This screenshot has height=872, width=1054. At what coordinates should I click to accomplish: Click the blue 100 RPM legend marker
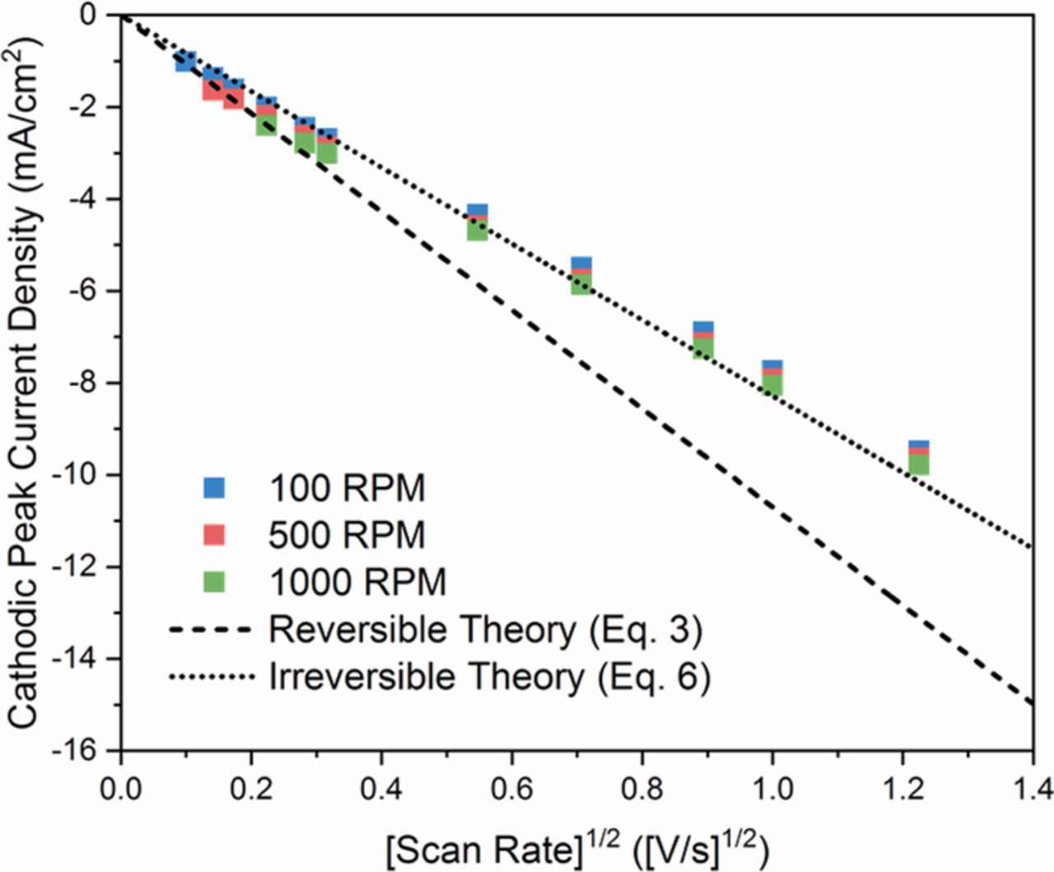click(x=214, y=488)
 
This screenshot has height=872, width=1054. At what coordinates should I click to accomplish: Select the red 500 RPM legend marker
click(x=214, y=535)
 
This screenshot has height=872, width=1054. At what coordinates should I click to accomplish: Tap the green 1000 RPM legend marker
click(x=214, y=582)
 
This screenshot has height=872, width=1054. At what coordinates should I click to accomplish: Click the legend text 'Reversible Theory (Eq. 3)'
click(x=485, y=630)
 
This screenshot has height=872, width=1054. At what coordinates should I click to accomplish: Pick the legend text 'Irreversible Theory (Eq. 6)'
click(x=489, y=677)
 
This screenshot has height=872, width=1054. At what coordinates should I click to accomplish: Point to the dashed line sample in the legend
click(x=209, y=631)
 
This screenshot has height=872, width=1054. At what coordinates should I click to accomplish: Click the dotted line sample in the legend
click(x=209, y=678)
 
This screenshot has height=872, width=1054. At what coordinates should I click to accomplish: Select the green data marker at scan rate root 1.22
click(x=919, y=465)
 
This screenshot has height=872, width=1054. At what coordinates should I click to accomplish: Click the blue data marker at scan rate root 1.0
click(x=772, y=366)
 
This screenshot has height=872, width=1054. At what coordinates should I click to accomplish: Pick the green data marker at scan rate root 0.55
click(x=478, y=231)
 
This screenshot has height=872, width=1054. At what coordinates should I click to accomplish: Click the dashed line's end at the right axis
click(x=1032, y=702)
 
